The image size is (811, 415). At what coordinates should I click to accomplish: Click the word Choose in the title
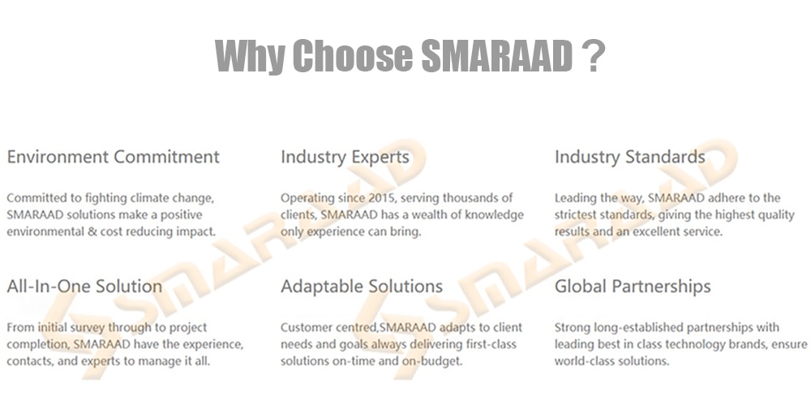[x=353, y=56]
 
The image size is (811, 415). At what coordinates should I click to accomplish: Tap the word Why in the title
[x=249, y=57]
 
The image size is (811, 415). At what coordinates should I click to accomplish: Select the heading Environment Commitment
[x=114, y=157]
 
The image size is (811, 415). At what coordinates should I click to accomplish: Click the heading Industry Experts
[x=345, y=158]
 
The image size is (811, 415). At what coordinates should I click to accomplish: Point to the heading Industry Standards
[x=630, y=157]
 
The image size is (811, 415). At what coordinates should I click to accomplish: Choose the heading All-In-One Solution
[x=84, y=286]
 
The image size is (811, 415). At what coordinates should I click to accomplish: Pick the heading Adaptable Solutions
[x=362, y=287]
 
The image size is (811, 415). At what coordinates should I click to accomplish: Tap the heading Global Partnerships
[x=633, y=287]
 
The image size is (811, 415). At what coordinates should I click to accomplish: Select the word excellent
[x=652, y=231]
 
